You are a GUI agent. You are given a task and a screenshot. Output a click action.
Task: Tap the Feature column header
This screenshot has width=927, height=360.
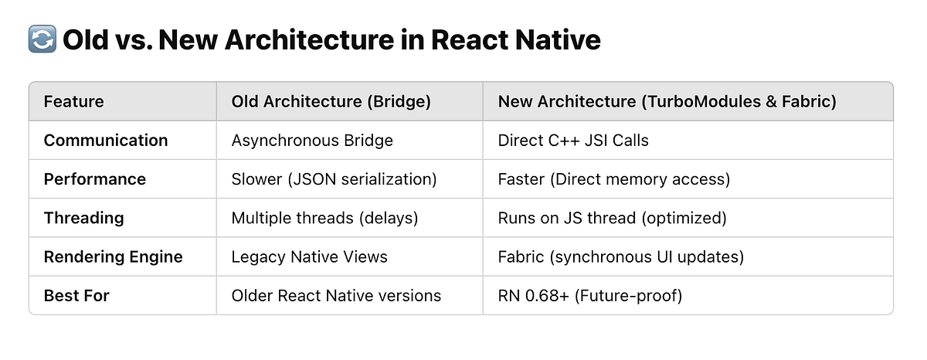point(73,101)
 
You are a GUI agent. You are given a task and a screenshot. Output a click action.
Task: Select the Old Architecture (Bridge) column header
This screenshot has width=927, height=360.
point(331,101)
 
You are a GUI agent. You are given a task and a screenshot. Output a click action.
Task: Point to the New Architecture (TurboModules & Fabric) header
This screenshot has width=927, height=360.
point(667,101)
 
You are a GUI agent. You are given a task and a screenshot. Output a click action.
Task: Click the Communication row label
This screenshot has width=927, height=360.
point(105,140)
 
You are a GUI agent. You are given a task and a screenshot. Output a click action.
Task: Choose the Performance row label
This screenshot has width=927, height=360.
point(94,179)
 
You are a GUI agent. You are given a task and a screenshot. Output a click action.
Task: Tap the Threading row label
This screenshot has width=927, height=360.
point(83,218)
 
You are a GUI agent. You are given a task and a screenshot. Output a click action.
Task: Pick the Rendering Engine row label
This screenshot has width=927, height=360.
point(113,256)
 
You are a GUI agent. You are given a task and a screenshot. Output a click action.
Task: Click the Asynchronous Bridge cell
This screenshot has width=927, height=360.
point(312,140)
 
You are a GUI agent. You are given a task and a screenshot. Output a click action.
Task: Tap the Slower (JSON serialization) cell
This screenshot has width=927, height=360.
point(334,179)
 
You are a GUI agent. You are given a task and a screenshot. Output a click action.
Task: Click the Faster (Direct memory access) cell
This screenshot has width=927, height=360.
point(614,179)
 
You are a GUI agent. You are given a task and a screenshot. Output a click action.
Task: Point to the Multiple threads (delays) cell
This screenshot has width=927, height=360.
point(324,218)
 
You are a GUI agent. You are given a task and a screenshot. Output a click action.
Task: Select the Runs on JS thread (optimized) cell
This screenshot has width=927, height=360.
point(612,218)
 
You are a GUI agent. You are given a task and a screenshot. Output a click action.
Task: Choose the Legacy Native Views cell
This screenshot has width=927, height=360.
point(309,256)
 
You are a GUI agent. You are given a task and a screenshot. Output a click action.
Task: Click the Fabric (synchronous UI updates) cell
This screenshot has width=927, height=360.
point(620,256)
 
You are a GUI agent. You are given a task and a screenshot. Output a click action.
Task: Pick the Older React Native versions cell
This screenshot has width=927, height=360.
point(336,295)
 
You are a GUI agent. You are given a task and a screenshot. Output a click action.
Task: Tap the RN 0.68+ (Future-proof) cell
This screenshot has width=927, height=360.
point(590,295)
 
